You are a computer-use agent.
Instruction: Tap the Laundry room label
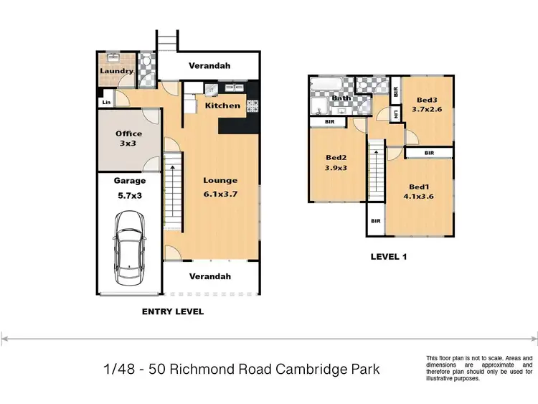[x=116, y=71]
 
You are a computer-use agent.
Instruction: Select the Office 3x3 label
[x=129, y=138]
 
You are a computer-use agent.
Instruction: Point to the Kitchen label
[x=223, y=106]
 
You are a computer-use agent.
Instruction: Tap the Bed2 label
[x=336, y=162]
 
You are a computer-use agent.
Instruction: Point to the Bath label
[x=341, y=98]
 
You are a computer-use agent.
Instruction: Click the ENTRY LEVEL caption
[x=173, y=311]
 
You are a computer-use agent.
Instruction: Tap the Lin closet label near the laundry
[x=107, y=102]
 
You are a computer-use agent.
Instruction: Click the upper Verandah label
[x=209, y=66]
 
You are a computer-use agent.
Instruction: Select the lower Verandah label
[x=209, y=276]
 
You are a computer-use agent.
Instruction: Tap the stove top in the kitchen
[x=253, y=106]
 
